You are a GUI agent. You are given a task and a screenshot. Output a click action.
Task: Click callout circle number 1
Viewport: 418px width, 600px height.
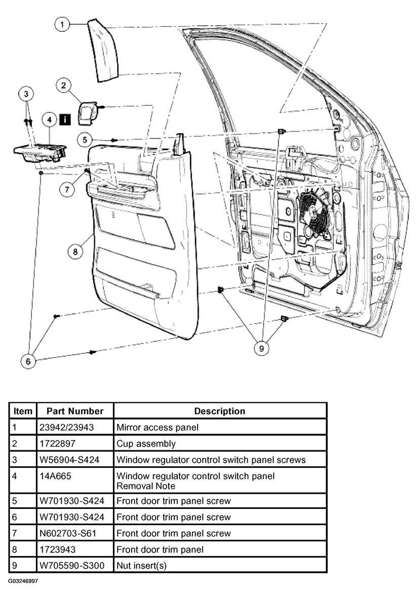click(62, 25)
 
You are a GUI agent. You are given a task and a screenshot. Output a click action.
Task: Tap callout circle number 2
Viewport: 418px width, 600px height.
click(64, 85)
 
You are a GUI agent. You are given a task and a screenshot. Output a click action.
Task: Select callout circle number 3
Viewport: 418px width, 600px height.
click(26, 94)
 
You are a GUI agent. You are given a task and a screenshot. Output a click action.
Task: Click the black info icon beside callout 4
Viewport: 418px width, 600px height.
click(65, 119)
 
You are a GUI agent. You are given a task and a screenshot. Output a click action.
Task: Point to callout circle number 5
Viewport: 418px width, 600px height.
click(85, 140)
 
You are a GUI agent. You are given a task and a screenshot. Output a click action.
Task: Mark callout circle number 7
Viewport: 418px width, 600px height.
click(67, 189)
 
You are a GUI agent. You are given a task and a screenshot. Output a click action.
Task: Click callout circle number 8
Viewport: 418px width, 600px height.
click(75, 251)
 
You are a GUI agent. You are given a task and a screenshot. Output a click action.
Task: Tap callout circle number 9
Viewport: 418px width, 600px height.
click(261, 348)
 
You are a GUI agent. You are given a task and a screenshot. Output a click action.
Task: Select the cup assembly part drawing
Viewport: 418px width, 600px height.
click(89, 113)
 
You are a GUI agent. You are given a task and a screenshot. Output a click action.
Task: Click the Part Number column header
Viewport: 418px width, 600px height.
click(75, 411)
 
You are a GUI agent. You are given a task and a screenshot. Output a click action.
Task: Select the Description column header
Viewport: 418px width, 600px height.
click(219, 411)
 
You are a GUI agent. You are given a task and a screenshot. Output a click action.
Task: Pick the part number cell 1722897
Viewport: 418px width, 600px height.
click(57, 444)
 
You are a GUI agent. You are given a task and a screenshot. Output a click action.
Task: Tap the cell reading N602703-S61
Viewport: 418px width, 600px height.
click(68, 533)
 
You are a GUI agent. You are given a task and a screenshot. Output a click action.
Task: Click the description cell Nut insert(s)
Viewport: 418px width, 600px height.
click(141, 566)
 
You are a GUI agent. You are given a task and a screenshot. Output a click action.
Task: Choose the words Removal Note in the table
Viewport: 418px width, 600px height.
click(145, 486)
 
